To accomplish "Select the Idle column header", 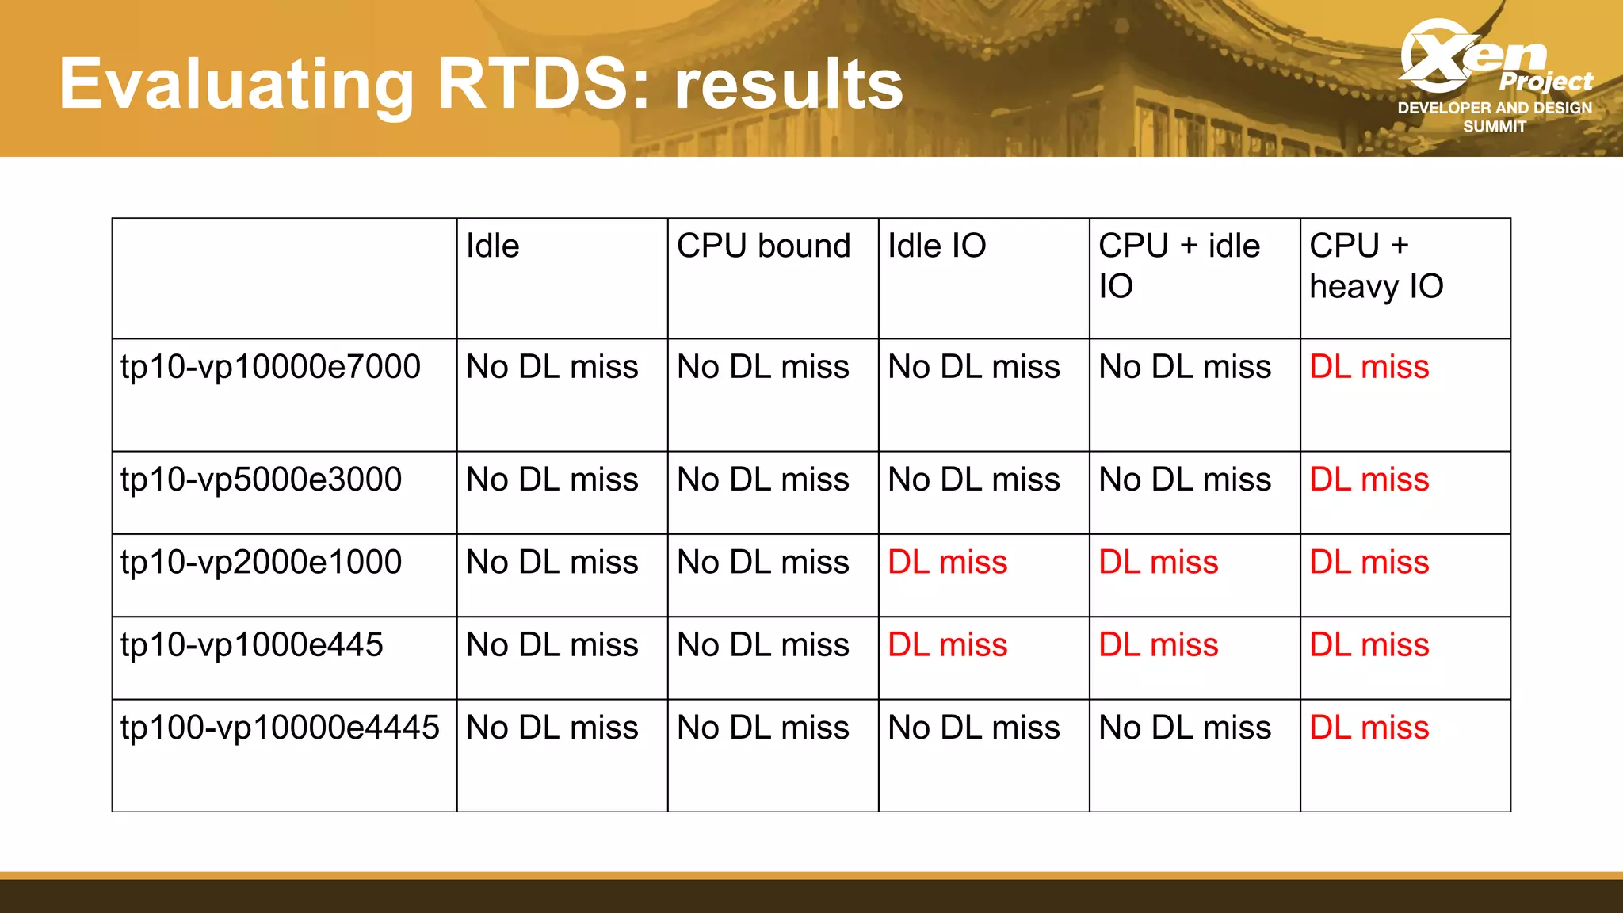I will [x=492, y=246].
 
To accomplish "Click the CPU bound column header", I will [x=763, y=246].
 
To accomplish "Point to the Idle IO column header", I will [x=936, y=246].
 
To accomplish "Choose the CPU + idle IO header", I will [x=1178, y=265].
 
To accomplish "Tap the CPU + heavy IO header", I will [x=1376, y=265].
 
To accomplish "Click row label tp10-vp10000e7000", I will [x=270, y=368].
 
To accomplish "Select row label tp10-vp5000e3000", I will [x=261, y=480].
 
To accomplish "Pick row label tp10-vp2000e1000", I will [x=261, y=563].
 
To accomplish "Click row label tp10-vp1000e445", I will [x=251, y=645].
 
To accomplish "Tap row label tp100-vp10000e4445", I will [x=280, y=728].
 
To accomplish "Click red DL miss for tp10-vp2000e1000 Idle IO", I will [x=947, y=563].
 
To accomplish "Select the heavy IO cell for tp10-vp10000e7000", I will [x=1369, y=368].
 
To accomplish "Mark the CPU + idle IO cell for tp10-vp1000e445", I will [x=1158, y=645].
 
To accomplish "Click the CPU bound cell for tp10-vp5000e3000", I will [x=762, y=480].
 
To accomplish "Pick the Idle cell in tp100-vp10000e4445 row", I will [x=552, y=728].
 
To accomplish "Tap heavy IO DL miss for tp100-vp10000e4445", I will [x=1369, y=728].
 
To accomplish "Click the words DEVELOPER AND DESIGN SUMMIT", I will [x=1494, y=117].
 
